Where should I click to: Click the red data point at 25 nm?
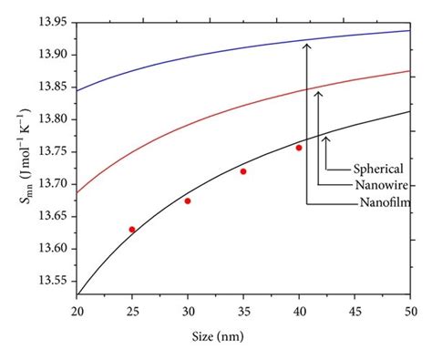click(x=132, y=230)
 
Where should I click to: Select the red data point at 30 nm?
click(x=188, y=201)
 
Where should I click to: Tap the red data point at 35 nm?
click(x=243, y=171)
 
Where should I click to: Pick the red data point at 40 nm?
click(x=299, y=148)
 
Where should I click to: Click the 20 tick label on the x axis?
click(x=77, y=313)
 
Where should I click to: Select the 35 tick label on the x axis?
click(x=243, y=313)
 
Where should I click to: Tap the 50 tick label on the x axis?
click(x=411, y=313)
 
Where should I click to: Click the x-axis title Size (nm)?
click(x=243, y=337)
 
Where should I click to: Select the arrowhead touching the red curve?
click(x=317, y=92)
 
